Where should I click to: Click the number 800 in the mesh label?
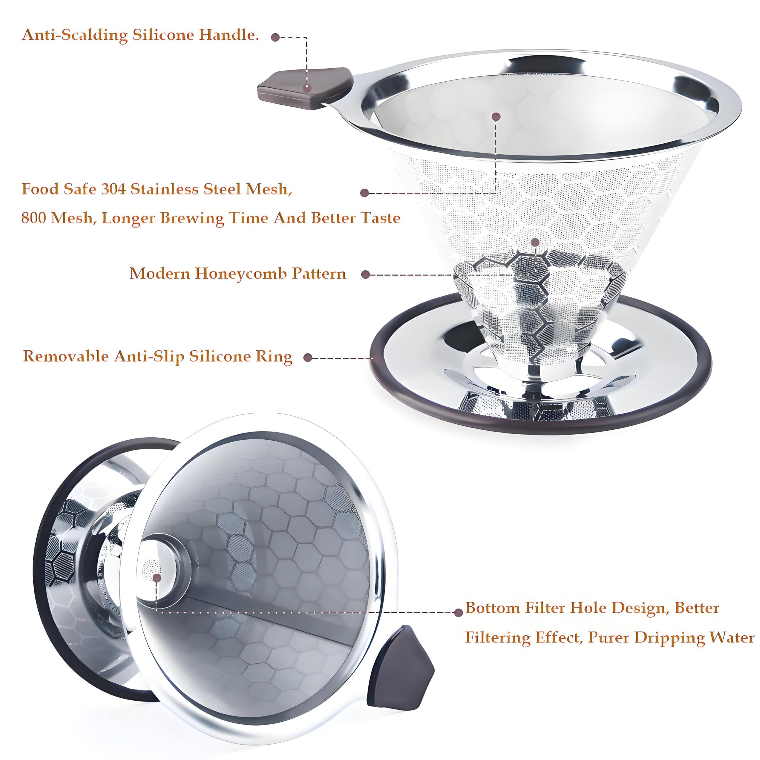34,218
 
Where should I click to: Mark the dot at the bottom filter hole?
157,577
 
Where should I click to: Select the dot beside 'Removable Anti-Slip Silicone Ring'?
308,357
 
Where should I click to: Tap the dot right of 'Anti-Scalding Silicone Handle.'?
275,37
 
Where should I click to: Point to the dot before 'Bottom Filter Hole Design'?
458,612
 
